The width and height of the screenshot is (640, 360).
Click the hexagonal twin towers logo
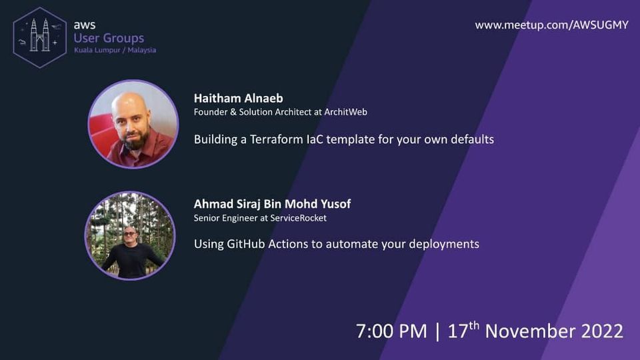40,37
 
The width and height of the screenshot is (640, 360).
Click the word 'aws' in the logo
85,25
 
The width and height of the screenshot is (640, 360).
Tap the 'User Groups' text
109,38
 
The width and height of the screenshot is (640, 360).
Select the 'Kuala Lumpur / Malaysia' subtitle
115,50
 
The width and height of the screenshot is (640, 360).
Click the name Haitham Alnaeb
238,99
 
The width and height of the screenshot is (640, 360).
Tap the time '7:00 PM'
391,331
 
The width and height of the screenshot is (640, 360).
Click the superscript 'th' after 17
473,325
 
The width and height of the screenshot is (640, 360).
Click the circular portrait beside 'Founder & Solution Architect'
133,124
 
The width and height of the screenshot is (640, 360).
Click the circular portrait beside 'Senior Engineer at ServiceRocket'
130,235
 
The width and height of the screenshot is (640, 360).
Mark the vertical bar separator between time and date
437,331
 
